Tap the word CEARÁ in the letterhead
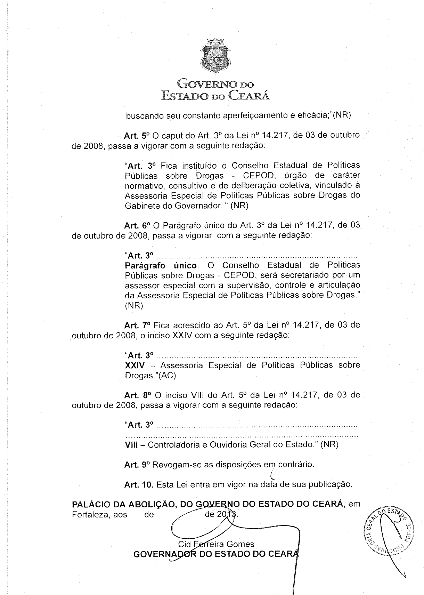point(250,95)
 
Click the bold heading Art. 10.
point(139,484)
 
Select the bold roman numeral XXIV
point(134,365)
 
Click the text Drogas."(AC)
point(150,376)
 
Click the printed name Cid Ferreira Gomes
point(216,544)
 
